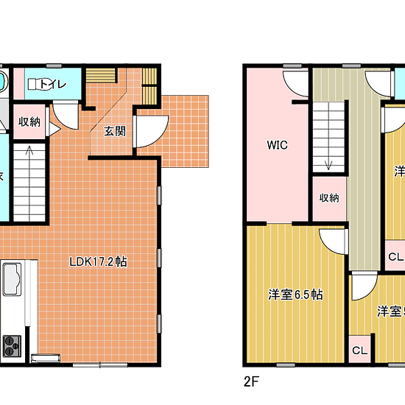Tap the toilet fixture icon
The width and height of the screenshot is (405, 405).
click(x=35, y=85)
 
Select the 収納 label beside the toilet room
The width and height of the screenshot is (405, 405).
click(x=29, y=122)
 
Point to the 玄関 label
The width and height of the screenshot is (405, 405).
click(x=114, y=131)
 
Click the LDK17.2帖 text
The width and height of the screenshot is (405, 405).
click(x=99, y=261)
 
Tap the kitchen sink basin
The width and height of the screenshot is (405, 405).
click(x=13, y=280)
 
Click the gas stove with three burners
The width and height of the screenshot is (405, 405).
click(x=13, y=344)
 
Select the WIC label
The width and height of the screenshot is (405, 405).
click(x=277, y=145)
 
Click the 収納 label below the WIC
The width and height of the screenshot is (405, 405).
click(x=329, y=197)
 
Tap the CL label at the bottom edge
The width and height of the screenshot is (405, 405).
click(x=359, y=351)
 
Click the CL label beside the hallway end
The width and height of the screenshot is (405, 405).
click(x=395, y=257)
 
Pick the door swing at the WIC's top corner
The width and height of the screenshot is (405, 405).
click(x=296, y=84)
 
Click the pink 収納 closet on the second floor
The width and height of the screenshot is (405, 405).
click(x=328, y=198)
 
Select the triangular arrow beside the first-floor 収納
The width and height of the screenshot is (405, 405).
click(x=52, y=128)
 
